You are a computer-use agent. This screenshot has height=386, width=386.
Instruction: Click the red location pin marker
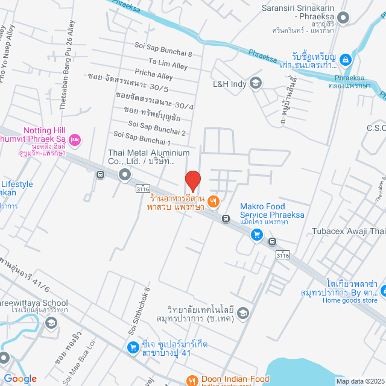(x=192, y=180)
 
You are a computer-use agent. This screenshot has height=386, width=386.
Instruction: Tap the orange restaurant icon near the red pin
(x=214, y=200)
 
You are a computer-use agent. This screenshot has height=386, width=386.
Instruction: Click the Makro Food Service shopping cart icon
(x=256, y=234)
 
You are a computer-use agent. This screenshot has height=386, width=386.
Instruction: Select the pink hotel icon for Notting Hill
(x=74, y=140)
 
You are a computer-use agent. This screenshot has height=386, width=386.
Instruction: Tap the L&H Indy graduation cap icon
(x=256, y=83)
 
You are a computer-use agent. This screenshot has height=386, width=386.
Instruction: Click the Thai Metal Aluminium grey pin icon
(x=125, y=175)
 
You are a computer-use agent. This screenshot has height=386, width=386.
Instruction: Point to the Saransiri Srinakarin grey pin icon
(x=344, y=18)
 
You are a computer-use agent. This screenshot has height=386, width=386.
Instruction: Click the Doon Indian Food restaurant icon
(x=192, y=380)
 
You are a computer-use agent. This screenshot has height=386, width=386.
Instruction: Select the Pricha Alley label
(x=154, y=75)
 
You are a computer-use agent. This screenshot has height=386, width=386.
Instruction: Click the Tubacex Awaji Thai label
(x=349, y=232)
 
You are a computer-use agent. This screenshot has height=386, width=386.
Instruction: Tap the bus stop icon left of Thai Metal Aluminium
(x=100, y=176)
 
